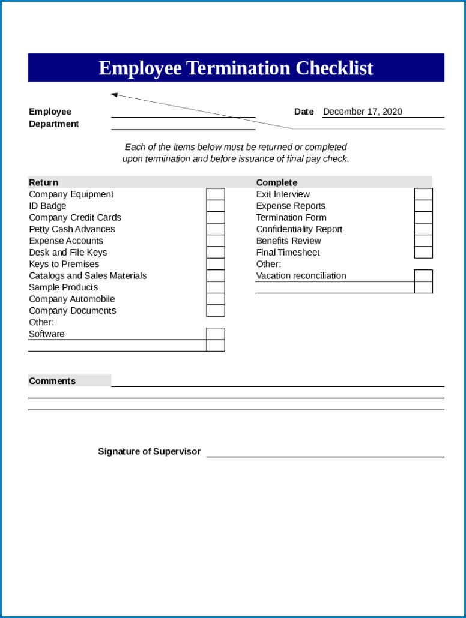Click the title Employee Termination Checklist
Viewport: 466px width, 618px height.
[235, 68]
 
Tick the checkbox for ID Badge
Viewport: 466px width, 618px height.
[216, 206]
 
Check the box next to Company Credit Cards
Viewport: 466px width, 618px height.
[216, 217]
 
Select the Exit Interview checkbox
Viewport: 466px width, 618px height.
[423, 194]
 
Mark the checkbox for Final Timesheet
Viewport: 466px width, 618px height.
[423, 253]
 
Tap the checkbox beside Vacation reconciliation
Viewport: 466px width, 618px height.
[423, 275]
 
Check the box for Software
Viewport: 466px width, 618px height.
[216, 334]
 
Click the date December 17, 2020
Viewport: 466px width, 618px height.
[363, 112]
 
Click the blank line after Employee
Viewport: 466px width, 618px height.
[183, 113]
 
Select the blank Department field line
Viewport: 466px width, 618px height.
[183, 125]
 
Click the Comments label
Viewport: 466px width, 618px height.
[52, 381]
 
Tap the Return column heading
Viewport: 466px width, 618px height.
[44, 182]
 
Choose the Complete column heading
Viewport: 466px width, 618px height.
[277, 182]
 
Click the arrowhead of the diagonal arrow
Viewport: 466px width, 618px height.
[114, 94]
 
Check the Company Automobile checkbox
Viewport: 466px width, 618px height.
[216, 299]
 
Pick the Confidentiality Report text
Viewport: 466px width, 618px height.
[299, 229]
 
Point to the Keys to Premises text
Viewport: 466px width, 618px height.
[64, 264]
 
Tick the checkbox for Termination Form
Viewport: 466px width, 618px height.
[423, 217]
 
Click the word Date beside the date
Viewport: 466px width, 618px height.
[304, 112]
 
